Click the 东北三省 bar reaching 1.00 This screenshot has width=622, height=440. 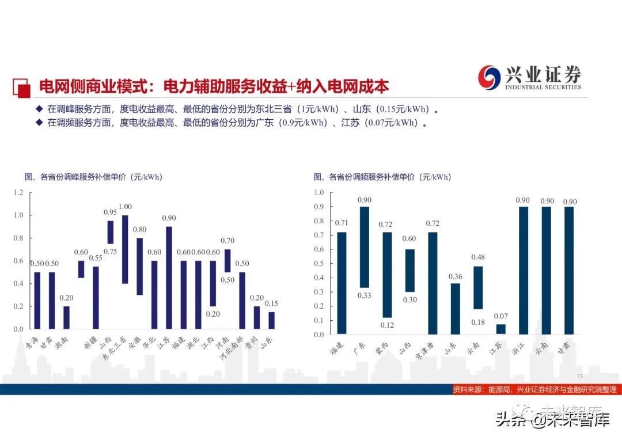tap(125, 249)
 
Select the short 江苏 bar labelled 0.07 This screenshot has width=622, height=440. tap(500, 329)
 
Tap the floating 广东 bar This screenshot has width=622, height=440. tap(364, 247)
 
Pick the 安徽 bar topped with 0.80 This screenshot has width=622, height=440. tap(139, 266)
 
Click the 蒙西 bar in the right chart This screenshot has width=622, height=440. tap(386, 275)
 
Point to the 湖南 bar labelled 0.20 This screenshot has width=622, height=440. tap(66, 317)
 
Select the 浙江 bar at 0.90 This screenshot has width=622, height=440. tap(523, 270)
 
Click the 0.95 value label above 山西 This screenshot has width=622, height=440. tap(110, 212)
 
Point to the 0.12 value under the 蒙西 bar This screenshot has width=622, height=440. tap(386, 325)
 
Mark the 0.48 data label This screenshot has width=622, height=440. tap(478, 257)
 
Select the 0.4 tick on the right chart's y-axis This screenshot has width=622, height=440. tap(319, 278)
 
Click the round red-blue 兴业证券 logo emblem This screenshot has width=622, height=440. tap(490, 77)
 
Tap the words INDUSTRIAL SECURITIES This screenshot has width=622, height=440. tap(543, 88)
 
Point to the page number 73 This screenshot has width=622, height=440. tap(579, 376)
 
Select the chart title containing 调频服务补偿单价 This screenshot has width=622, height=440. tap(382, 177)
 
